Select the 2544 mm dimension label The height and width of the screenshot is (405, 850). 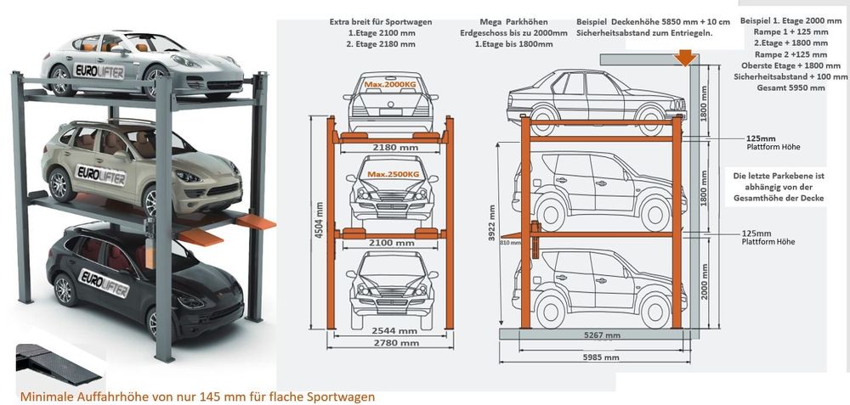(394, 331)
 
